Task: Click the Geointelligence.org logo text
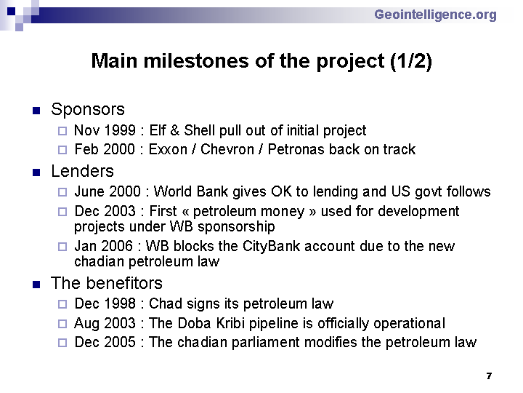[x=435, y=15]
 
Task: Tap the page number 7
[x=489, y=376]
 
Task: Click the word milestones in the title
[x=196, y=61]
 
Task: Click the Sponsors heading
[x=88, y=109]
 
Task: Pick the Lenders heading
[x=82, y=171]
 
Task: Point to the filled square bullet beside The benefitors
[x=36, y=285]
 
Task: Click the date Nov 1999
[x=105, y=130]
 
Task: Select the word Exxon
[x=168, y=149]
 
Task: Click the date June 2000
[x=108, y=191]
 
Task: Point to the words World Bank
[x=191, y=191]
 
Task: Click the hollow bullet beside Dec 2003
[x=62, y=212]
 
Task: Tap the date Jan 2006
[x=103, y=246]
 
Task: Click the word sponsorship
[x=236, y=227]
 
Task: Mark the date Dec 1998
[x=105, y=303]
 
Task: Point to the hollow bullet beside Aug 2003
[x=62, y=324]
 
